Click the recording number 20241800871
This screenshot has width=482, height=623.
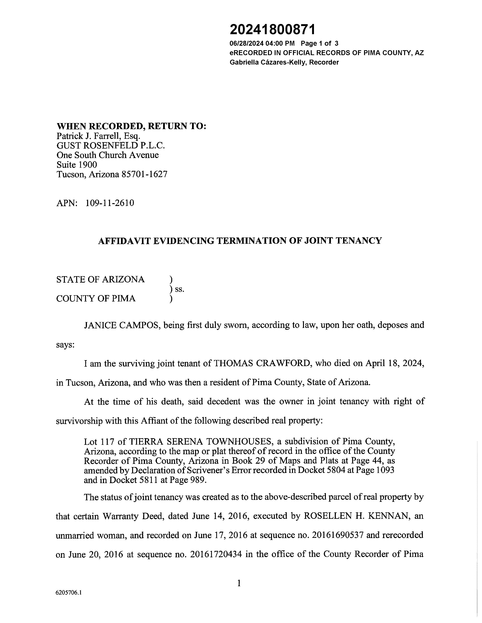[x=273, y=30]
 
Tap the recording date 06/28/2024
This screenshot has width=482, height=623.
[x=246, y=43]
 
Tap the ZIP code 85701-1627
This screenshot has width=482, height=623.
[x=144, y=174]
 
